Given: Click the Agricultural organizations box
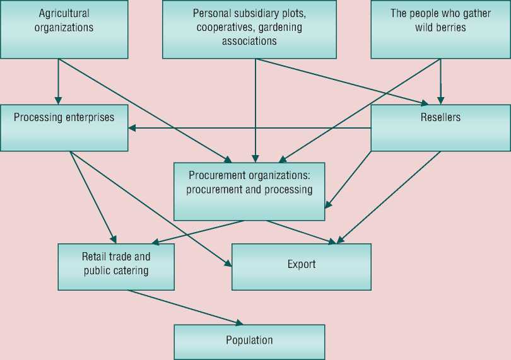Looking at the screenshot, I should click(64, 29).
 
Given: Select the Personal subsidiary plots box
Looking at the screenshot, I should click(249, 29).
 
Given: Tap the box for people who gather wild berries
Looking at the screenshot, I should click(440, 29).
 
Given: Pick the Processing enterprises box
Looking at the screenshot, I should click(64, 128).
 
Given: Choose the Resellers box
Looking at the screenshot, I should click(440, 128).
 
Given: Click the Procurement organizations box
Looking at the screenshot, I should click(249, 192).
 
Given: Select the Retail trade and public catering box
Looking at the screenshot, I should click(116, 267).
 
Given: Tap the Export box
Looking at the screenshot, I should click(302, 267).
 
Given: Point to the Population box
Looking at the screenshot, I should click(249, 342).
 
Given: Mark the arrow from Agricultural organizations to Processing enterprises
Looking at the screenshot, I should click(59, 82).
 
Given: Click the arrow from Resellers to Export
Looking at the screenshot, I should click(388, 197).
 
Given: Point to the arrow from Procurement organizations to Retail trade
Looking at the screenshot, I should click(199, 231).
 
